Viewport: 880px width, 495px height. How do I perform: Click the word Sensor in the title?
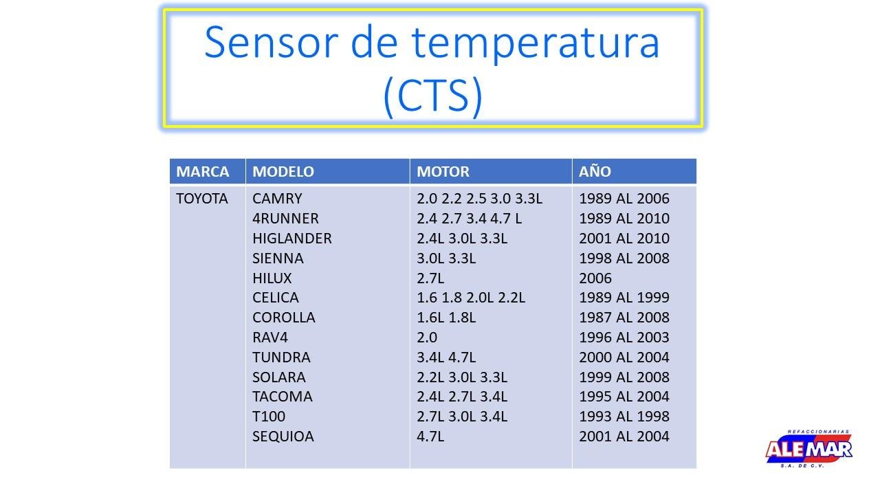(x=271, y=42)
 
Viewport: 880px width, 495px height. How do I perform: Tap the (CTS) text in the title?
(x=432, y=96)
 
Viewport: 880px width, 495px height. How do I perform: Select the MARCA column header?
(x=202, y=172)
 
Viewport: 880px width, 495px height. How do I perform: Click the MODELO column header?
(x=283, y=172)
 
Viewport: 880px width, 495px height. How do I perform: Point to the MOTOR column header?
(x=443, y=172)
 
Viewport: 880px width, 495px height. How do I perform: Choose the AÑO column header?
(x=595, y=171)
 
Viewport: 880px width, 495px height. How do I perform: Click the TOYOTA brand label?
(x=202, y=199)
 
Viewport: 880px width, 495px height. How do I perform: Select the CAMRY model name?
(x=277, y=199)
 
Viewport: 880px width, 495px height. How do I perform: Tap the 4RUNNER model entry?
(x=285, y=219)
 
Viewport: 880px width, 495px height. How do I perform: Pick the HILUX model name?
(x=272, y=278)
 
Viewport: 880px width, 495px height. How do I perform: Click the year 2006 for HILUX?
(x=595, y=278)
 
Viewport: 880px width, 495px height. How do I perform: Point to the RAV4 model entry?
(x=270, y=338)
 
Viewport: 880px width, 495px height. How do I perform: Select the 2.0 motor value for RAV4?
(x=427, y=338)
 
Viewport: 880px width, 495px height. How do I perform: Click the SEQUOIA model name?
(x=283, y=437)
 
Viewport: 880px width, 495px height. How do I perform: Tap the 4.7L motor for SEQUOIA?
(x=430, y=437)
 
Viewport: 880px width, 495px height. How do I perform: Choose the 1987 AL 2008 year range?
(x=624, y=318)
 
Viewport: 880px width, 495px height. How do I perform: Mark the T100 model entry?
(x=269, y=417)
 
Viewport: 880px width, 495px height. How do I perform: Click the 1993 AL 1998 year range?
(x=624, y=417)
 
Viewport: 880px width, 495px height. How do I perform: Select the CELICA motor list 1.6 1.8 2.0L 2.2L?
(x=471, y=298)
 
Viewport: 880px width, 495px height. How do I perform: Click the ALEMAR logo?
(x=809, y=449)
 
